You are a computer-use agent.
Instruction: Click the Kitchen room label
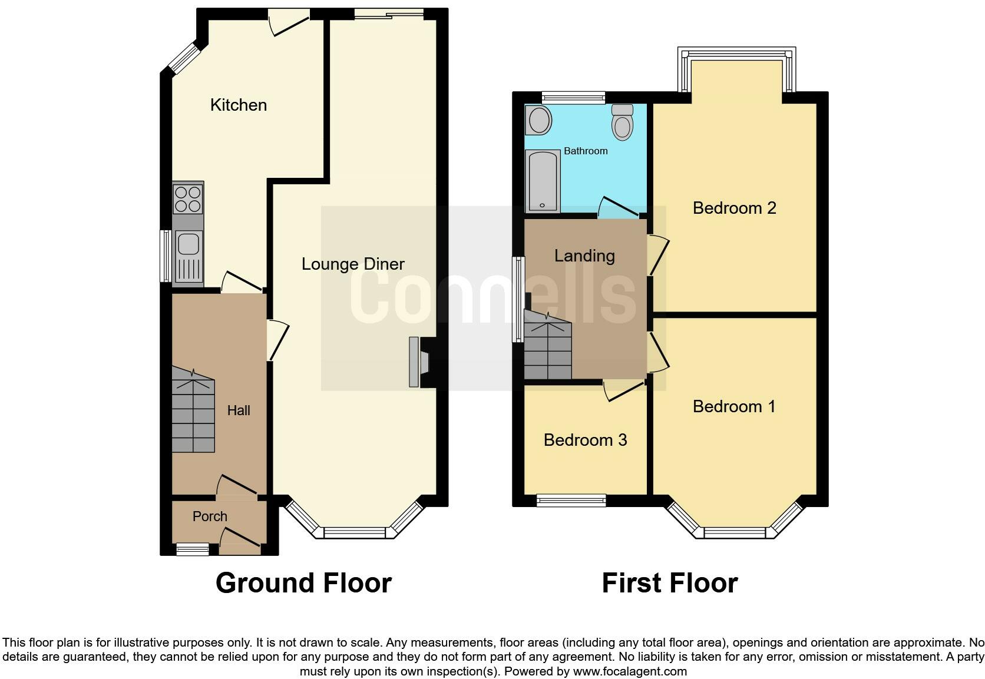[239, 105]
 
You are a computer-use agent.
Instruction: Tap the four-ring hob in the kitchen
[188, 198]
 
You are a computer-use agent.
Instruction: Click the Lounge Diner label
[353, 264]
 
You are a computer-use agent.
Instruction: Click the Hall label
[239, 410]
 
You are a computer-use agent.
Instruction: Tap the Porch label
[210, 516]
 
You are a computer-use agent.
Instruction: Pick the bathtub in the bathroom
[542, 181]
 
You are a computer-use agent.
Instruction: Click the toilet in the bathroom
[622, 123]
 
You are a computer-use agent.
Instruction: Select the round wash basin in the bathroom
[539, 121]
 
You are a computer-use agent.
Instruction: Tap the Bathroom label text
[586, 151]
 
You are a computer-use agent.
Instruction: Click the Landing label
[584, 256]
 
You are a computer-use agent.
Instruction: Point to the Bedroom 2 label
[734, 208]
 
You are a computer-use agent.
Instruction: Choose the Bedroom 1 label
[734, 406]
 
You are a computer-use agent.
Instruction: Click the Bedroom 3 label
[585, 440]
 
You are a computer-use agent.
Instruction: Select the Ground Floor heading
[303, 583]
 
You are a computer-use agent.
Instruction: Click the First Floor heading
[669, 583]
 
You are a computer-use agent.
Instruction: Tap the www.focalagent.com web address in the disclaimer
[630, 671]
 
